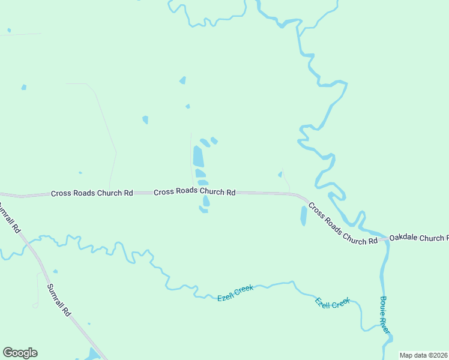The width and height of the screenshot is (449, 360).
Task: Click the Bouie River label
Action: click(x=384, y=316)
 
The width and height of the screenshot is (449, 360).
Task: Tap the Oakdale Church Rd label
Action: click(x=418, y=238)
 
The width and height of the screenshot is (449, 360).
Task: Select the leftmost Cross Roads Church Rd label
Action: click(x=91, y=193)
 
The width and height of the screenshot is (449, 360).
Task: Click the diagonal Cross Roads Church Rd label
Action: click(x=343, y=223)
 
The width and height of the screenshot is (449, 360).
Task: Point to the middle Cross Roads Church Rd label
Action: click(x=194, y=192)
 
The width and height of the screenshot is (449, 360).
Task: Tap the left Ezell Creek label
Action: click(x=235, y=293)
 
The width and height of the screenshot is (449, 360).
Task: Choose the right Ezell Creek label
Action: click(x=333, y=303)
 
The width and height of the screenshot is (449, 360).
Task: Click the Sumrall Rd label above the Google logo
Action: click(x=59, y=300)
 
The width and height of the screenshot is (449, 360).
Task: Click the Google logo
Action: click(x=20, y=353)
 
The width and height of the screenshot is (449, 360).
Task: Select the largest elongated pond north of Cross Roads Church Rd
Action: click(x=198, y=157)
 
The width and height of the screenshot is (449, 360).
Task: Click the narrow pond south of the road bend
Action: click(x=303, y=216)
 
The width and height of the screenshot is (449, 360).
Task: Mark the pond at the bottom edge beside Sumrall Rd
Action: click(x=92, y=355)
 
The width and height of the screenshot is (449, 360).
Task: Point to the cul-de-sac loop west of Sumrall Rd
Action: click(x=35, y=305)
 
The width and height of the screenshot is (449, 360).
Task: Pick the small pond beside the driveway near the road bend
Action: click(x=280, y=175)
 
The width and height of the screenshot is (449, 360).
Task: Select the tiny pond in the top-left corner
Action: click(x=9, y=30)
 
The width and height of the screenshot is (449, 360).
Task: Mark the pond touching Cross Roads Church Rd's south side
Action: click(x=206, y=202)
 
